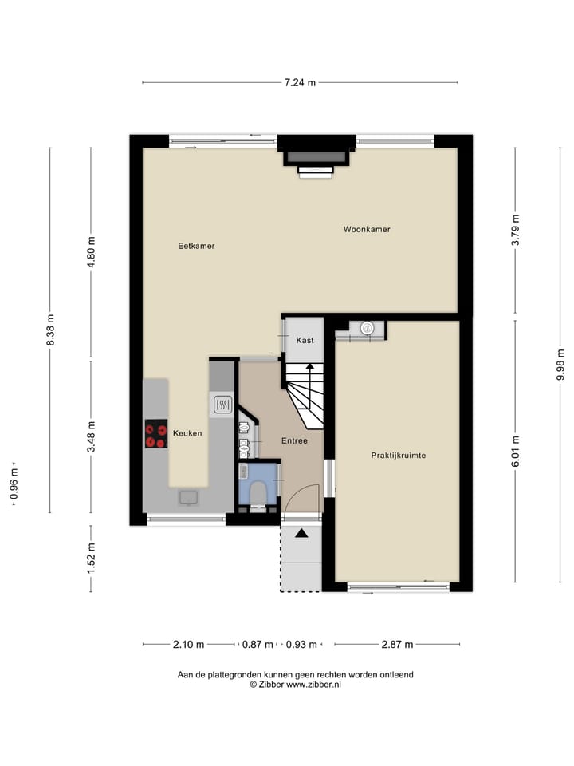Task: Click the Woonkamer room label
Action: pyautogui.click(x=367, y=230)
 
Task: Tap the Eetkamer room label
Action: pyautogui.click(x=196, y=247)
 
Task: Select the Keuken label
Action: pyautogui.click(x=187, y=433)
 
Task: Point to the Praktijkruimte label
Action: pyautogui.click(x=398, y=456)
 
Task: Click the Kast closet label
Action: pyautogui.click(x=305, y=340)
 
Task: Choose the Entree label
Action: pyautogui.click(x=294, y=440)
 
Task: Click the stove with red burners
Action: pyautogui.click(x=156, y=434)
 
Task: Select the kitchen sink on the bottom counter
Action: pyautogui.click(x=189, y=497)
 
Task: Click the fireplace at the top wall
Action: pyautogui.click(x=316, y=157)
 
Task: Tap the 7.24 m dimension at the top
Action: pyautogui.click(x=301, y=82)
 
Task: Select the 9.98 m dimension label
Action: pyautogui.click(x=560, y=365)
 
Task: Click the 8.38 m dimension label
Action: pyautogui.click(x=50, y=330)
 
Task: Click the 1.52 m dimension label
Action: pyautogui.click(x=91, y=558)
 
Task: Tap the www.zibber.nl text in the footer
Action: pyautogui.click(x=314, y=685)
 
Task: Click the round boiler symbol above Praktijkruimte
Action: pyautogui.click(x=367, y=326)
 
